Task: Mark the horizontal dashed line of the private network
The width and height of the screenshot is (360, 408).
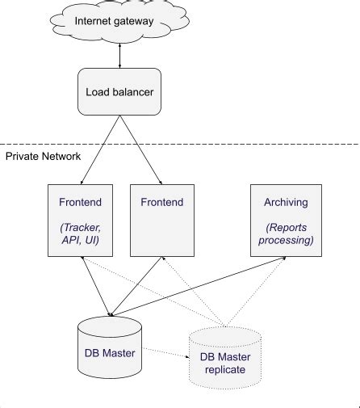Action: pos(242,144)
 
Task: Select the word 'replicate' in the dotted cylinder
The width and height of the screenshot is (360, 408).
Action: pos(226,370)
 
